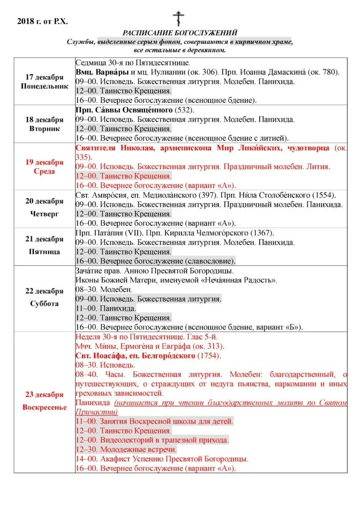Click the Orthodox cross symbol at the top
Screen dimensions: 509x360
coord(179,18)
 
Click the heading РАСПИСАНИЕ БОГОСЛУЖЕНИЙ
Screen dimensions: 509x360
coord(180,33)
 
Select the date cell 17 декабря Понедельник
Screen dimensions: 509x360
coord(44,82)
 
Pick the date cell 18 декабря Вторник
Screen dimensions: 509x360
coord(44,124)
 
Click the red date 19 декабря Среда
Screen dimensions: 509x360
coord(44,167)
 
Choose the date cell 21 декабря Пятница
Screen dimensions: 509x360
coord(44,245)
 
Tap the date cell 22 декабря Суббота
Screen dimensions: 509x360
coord(44,297)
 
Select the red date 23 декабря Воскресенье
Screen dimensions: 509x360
coord(44,401)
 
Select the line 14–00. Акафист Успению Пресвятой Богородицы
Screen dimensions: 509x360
coord(162,459)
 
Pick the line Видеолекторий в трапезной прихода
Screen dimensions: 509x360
coord(152,440)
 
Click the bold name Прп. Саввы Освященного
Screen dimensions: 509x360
coord(124,110)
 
